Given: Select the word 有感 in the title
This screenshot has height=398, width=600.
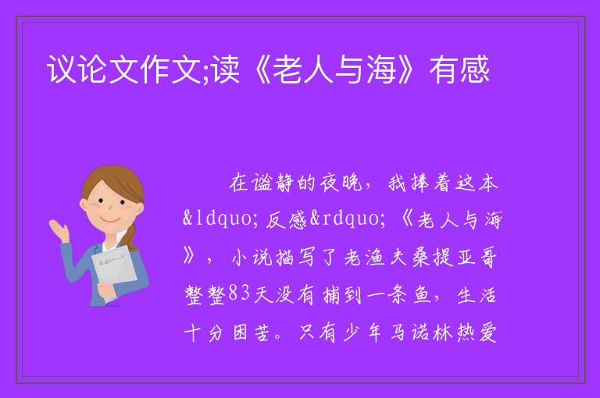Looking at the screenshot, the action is [x=459, y=69].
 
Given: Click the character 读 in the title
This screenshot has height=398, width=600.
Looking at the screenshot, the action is [x=226, y=69].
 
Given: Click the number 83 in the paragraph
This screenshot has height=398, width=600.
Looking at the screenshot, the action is [x=239, y=294].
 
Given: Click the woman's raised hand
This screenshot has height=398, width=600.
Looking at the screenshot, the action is [x=58, y=229].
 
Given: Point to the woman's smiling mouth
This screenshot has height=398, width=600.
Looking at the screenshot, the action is [x=109, y=221].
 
